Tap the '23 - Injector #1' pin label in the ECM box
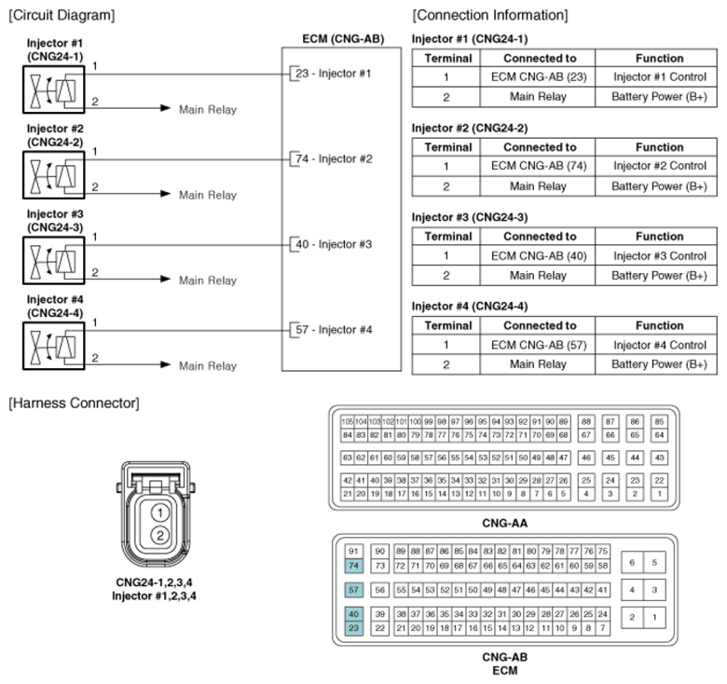pos(333,73)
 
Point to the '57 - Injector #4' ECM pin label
pos(333,330)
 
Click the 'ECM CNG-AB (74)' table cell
pos(540,166)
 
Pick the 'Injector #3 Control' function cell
pos(659,255)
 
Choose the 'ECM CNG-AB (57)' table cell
pos(540,345)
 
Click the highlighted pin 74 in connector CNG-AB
pos(353,566)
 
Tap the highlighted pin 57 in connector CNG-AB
pos(353,590)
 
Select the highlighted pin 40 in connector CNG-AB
pos(353,614)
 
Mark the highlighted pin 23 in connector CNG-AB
pos(353,628)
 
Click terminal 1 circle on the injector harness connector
pos(160,513)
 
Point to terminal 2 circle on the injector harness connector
pos(160,535)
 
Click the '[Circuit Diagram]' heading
pos(62,15)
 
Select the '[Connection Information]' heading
pos(489,15)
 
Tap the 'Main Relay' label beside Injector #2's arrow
pos(208,195)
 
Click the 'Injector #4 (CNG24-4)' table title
pos(470,306)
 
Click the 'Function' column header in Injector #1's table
pos(659,58)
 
